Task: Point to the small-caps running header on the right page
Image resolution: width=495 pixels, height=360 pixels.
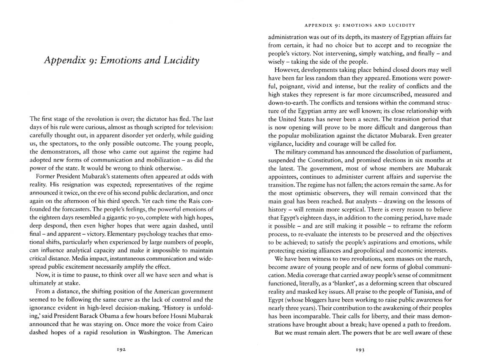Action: (360, 25)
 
